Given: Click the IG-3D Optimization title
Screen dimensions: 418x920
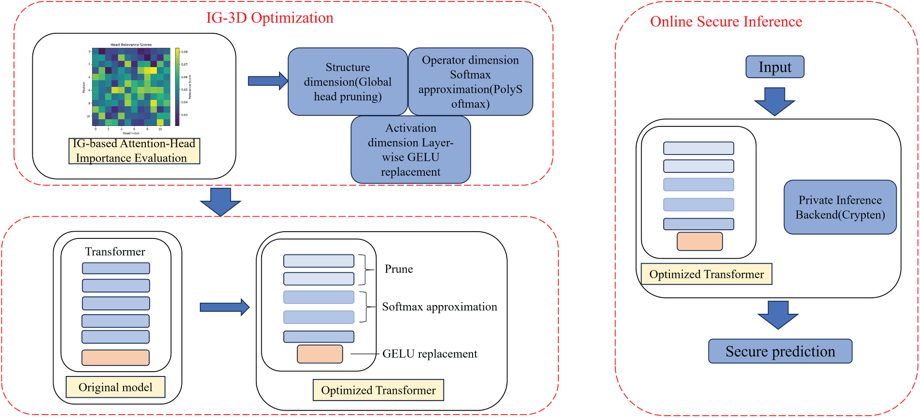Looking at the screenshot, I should pos(269,18).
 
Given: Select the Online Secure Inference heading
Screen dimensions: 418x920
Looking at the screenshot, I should pos(725,22).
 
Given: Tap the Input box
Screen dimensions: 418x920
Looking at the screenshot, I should pos(775,67).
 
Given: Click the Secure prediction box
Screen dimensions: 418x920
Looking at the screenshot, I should pos(780,351).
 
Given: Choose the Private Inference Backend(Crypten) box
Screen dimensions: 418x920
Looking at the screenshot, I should pos(840,207).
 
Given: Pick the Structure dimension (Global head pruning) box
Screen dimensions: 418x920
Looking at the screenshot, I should pos(348,82).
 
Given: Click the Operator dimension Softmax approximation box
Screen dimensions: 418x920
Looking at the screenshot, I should pos(470,82).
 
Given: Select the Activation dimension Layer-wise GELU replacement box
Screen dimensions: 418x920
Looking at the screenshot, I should pos(410,150).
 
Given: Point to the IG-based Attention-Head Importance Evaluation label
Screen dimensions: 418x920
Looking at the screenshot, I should pos(134,151).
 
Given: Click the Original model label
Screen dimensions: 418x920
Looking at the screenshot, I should pos(115,387).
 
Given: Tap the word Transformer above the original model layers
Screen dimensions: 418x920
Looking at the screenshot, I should pos(115,251).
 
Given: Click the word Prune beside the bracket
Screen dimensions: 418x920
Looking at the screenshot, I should pos(399,269).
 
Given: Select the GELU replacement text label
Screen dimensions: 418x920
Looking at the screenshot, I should pos(430,354).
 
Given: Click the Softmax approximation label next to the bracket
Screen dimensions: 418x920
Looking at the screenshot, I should pos(439,307).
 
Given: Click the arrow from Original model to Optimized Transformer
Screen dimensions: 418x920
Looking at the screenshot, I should pos(224,307).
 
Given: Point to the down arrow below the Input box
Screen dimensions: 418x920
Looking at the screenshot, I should pos(774,101).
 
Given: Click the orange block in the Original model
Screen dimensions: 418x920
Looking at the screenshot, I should pos(115,358).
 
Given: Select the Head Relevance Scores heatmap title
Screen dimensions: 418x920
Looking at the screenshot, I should pos(131,45).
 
